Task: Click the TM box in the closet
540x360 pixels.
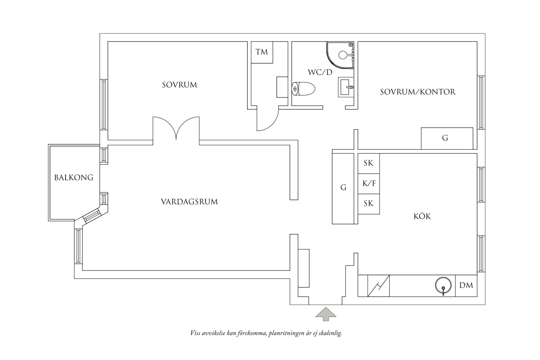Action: [262, 52]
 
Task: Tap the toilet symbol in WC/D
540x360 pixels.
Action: [303, 89]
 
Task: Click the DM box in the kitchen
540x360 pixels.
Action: [466, 285]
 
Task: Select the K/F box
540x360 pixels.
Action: [369, 183]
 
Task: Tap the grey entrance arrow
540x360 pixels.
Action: [326, 314]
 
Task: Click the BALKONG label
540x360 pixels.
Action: [74, 178]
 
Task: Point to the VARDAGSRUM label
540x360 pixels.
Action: [189, 202]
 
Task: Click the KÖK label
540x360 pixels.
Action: [422, 217]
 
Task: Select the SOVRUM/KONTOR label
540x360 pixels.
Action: [418, 92]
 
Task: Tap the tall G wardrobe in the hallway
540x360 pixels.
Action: [343, 188]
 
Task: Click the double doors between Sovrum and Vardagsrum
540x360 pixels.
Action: [176, 129]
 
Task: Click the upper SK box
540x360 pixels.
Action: [369, 163]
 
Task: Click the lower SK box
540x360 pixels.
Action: [369, 204]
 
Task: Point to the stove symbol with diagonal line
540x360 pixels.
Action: [378, 285]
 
